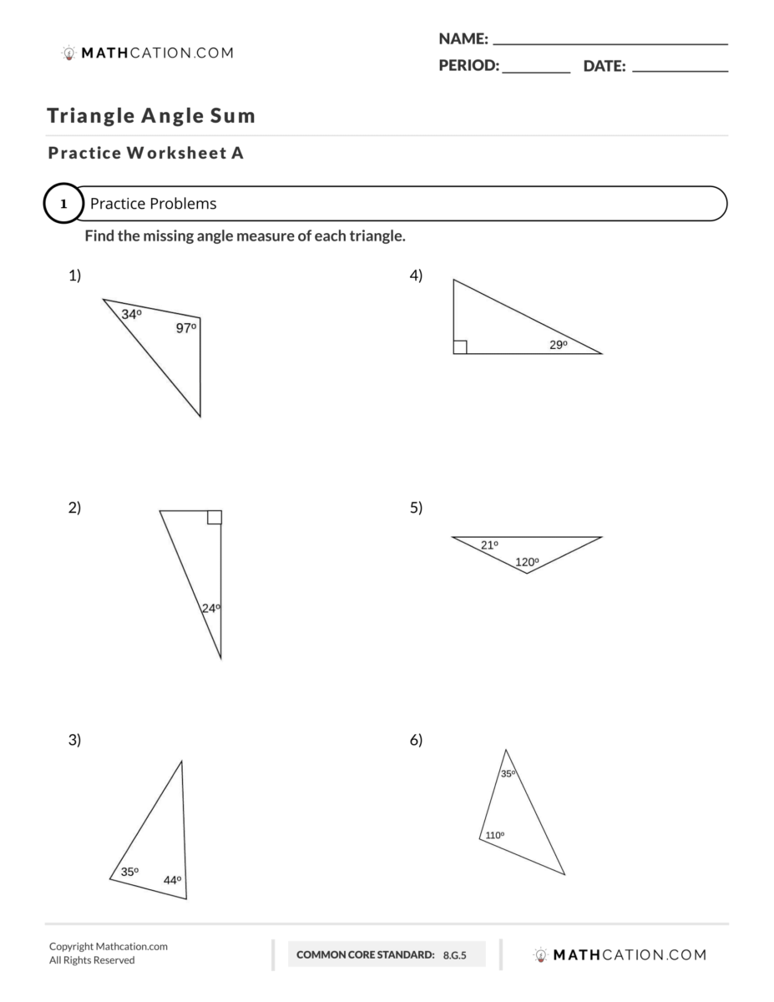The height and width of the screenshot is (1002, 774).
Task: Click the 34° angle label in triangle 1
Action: [131, 315]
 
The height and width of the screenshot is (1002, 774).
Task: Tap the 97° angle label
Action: [185, 328]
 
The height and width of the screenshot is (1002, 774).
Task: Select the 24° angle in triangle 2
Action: [210, 609]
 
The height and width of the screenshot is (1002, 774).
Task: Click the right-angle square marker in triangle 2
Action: [215, 517]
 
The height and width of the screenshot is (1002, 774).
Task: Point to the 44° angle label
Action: [172, 880]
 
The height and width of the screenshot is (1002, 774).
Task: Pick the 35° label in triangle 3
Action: [129, 872]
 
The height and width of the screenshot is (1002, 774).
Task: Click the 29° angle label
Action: [559, 345]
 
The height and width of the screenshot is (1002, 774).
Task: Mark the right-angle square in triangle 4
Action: [460, 347]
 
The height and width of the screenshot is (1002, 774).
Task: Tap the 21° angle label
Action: [489, 545]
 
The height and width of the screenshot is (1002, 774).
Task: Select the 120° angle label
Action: [527, 562]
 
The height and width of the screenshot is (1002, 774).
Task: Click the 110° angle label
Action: [495, 835]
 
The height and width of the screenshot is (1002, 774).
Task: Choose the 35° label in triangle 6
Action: [508, 774]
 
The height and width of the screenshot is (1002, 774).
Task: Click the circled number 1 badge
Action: [63, 204]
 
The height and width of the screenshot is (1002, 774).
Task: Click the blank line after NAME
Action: [610, 42]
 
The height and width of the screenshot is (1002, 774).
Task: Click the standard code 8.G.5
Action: [456, 954]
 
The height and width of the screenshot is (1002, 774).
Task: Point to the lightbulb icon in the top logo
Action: [69, 53]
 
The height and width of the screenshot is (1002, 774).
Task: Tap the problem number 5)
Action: [416, 508]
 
